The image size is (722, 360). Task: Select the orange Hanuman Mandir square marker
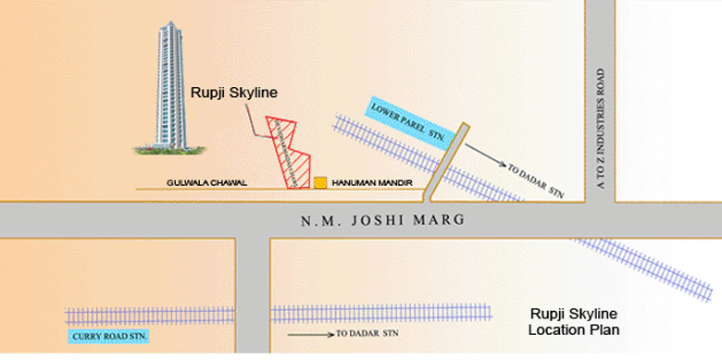(x=319, y=183)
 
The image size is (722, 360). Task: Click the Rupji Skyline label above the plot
(x=234, y=93)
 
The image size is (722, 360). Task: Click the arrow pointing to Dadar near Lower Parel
(x=485, y=154)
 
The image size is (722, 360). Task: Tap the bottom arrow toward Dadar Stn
(x=309, y=333)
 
